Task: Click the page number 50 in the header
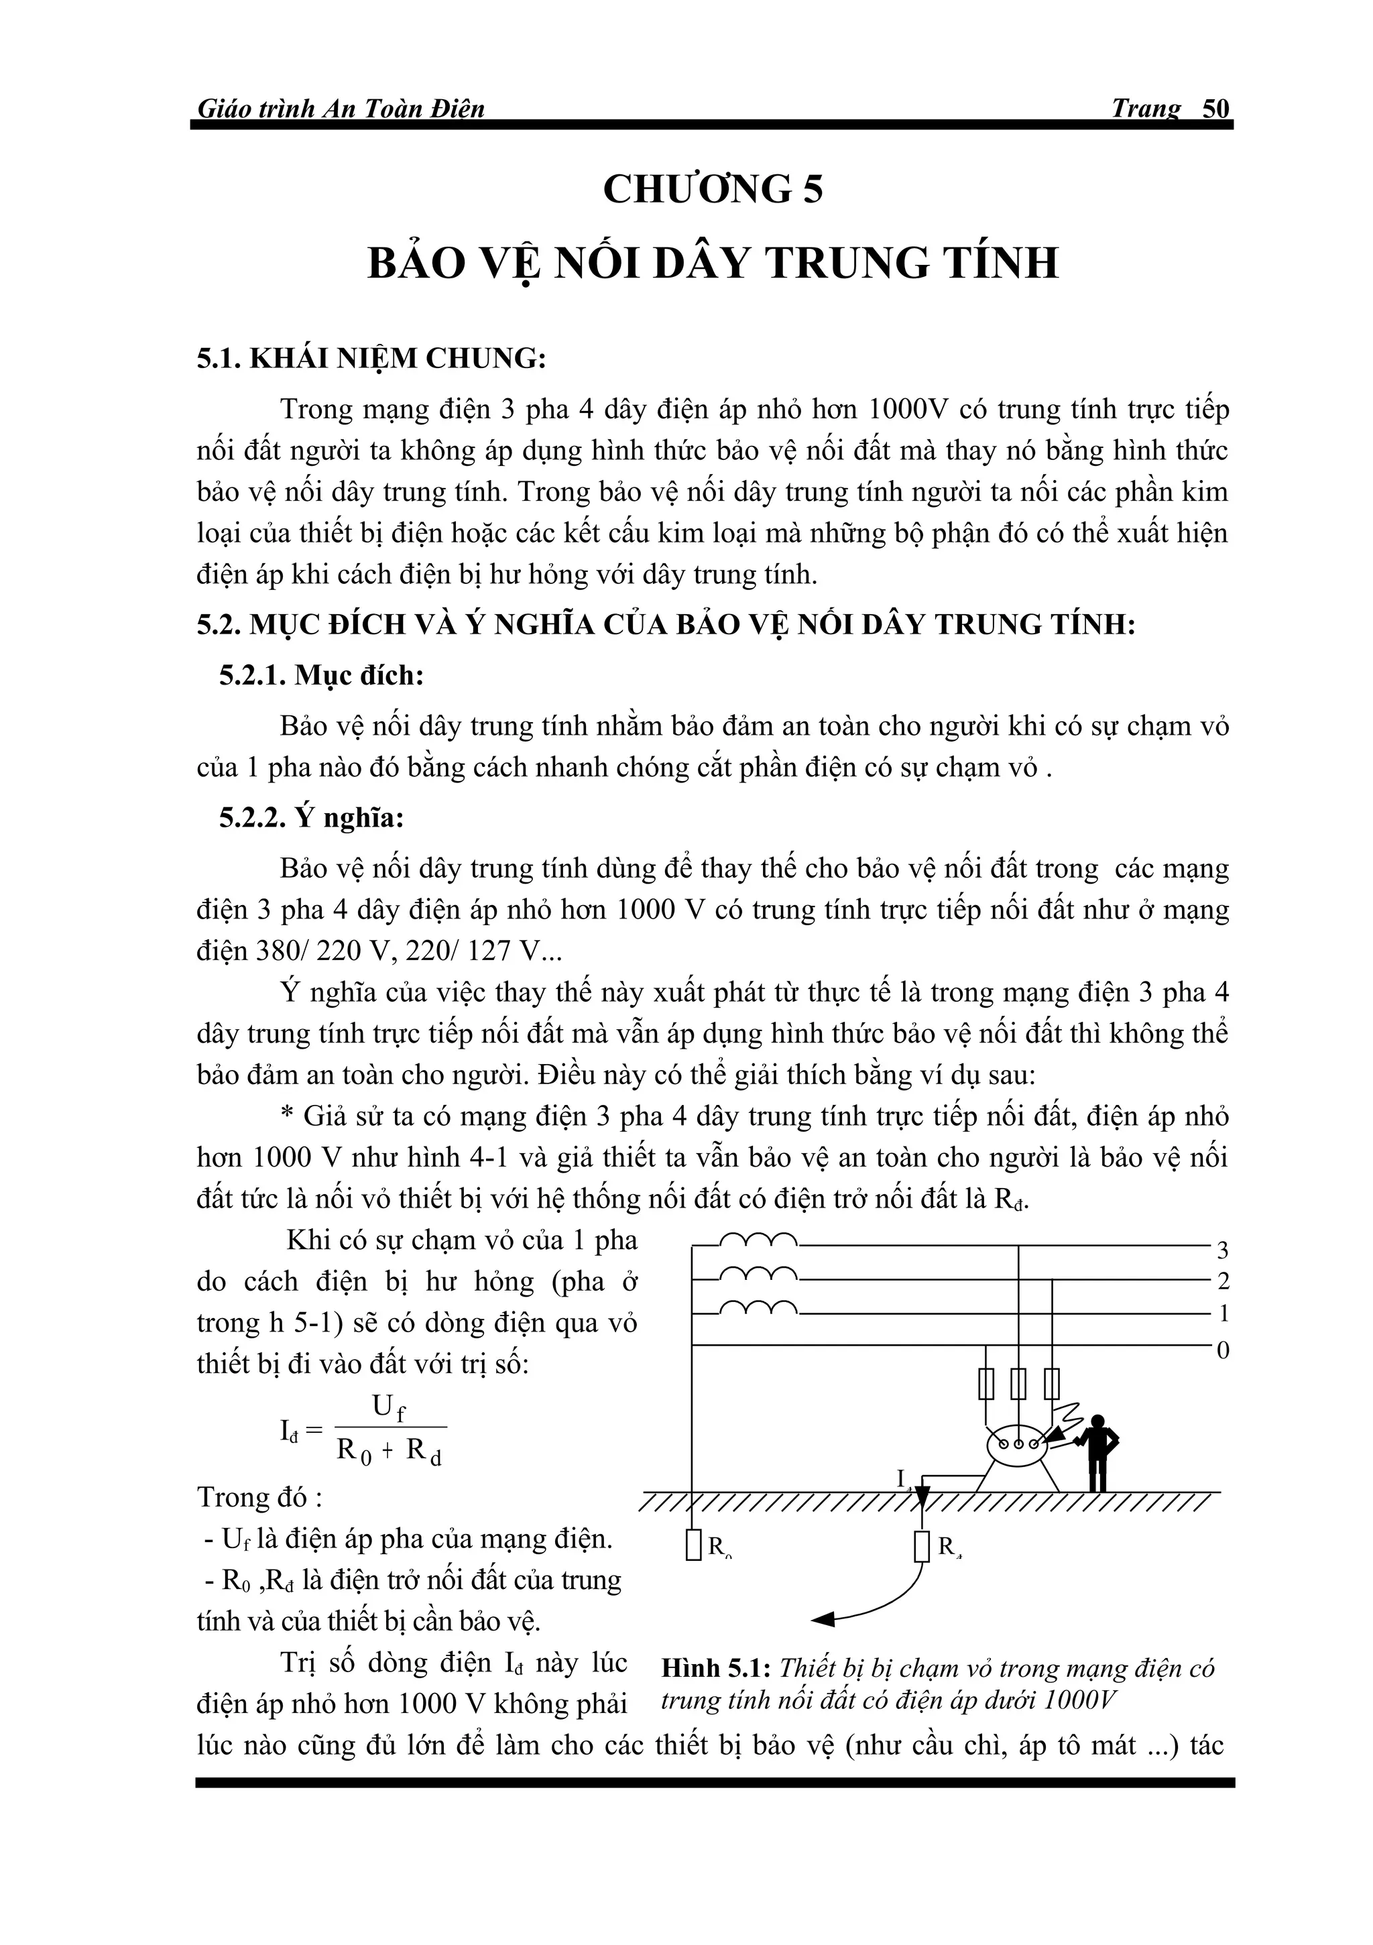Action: [1215, 109]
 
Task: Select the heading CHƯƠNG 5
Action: [713, 189]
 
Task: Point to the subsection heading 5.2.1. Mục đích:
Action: [321, 676]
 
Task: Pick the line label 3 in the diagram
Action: [1222, 1250]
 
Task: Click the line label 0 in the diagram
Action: [1222, 1350]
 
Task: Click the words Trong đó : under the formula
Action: [259, 1498]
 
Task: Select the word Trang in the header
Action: [1145, 109]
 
